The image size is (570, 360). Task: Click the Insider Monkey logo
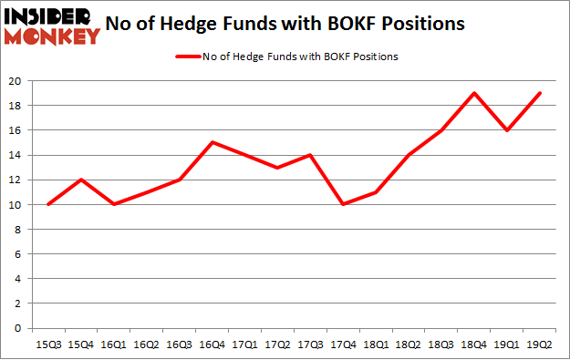tap(51, 26)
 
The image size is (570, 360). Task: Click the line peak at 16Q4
tap(212, 142)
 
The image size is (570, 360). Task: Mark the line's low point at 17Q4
tap(345, 204)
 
